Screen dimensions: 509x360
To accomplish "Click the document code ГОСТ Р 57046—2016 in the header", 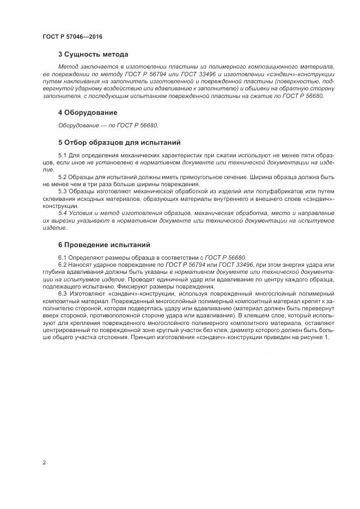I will click(72, 36).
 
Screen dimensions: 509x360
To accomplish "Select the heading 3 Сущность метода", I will click(93, 54).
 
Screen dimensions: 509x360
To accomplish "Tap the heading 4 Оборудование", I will click(88, 113).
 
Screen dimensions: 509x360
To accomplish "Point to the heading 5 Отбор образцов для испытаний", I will click(119, 143).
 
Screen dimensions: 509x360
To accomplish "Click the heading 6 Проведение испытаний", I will click(104, 244).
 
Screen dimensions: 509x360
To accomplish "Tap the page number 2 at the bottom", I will click(44, 462).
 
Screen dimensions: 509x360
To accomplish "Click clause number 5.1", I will click(63, 156).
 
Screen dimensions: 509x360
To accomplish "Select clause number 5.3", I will click(63, 191).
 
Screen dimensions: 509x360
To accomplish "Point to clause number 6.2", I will click(63, 265).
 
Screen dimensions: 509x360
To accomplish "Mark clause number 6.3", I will click(63, 293).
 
